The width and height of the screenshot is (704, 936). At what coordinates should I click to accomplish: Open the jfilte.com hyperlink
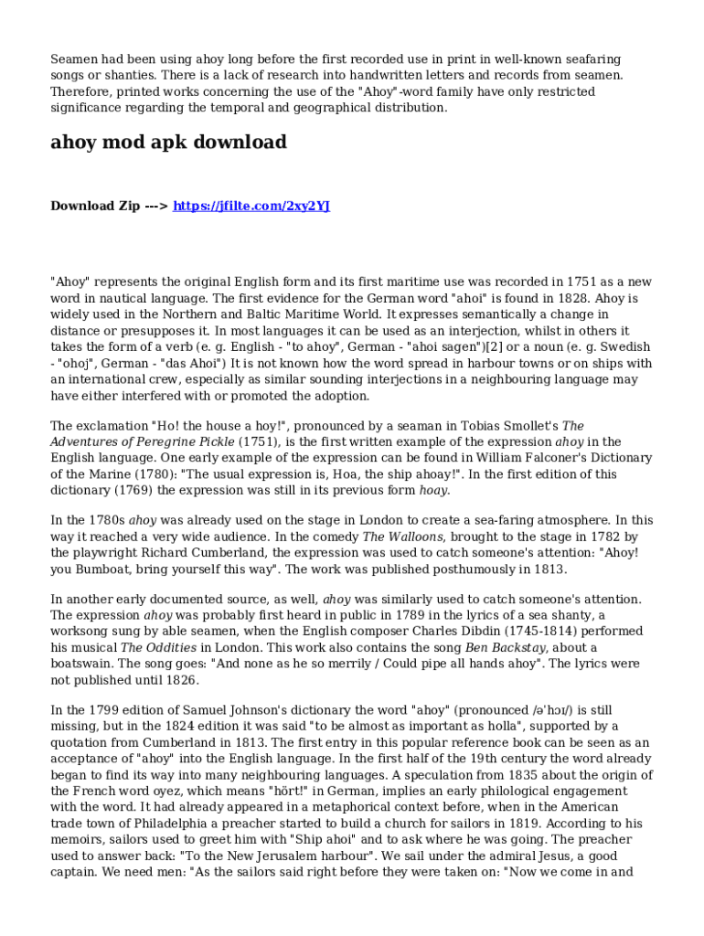[x=251, y=206]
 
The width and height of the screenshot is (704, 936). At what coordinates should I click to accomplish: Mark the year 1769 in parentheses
[x=133, y=491]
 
